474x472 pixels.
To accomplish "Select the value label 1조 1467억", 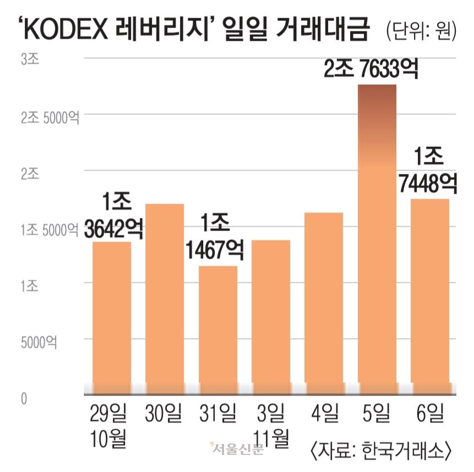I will pyautogui.click(x=215, y=238).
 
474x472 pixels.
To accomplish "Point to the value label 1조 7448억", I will pyautogui.click(x=429, y=172).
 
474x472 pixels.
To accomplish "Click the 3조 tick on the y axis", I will pyautogui.click(x=30, y=59).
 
